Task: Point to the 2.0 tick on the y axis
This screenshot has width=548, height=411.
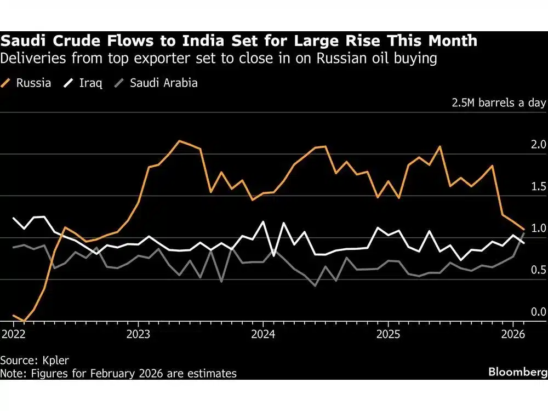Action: coord(539,145)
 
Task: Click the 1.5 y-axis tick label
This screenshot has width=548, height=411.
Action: coord(539,186)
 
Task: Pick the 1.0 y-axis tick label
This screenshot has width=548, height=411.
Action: coord(539,228)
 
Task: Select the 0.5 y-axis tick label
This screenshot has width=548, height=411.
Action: coord(539,270)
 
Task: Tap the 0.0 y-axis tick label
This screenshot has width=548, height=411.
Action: coord(539,311)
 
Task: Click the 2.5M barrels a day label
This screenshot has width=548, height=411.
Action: coord(499,103)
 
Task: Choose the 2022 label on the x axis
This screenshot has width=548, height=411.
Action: coord(12,334)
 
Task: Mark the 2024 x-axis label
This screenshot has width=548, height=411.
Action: coord(262,334)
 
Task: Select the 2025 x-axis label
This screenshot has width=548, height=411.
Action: coord(388,334)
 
